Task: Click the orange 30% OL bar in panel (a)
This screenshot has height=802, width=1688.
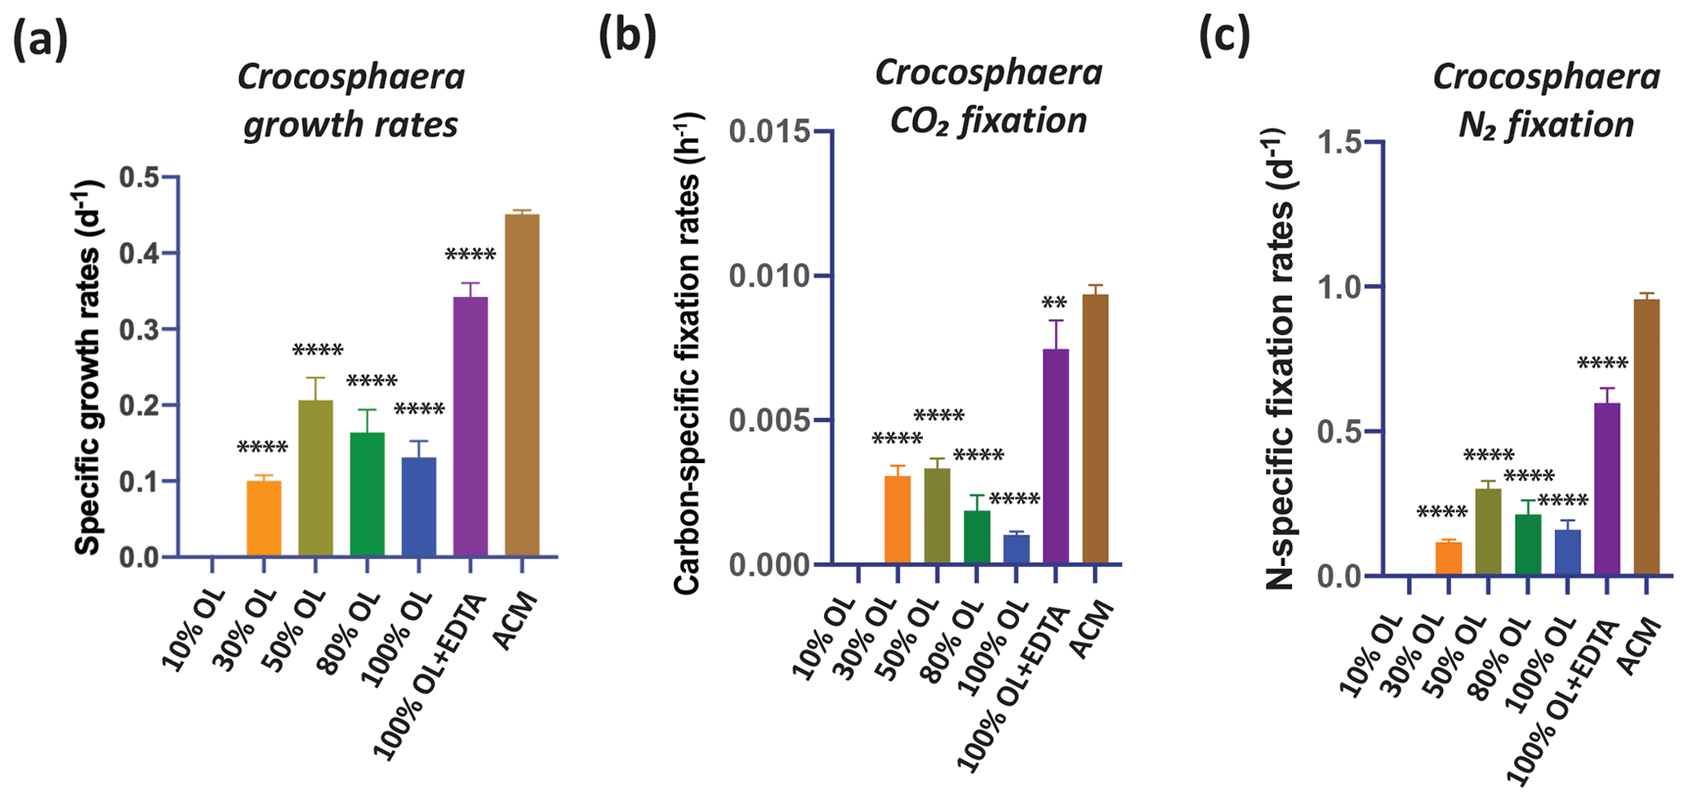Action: (x=264, y=519)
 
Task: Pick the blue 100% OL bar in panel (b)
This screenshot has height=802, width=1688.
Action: (x=1016, y=549)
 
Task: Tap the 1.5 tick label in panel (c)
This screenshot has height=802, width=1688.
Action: (x=1341, y=142)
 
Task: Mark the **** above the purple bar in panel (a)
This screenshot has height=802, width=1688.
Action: (x=470, y=256)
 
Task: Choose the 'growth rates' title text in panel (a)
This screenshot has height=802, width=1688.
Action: (x=350, y=125)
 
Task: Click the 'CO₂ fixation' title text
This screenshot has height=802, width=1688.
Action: (x=988, y=121)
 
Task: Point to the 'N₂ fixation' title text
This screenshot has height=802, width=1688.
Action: (x=1546, y=124)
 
